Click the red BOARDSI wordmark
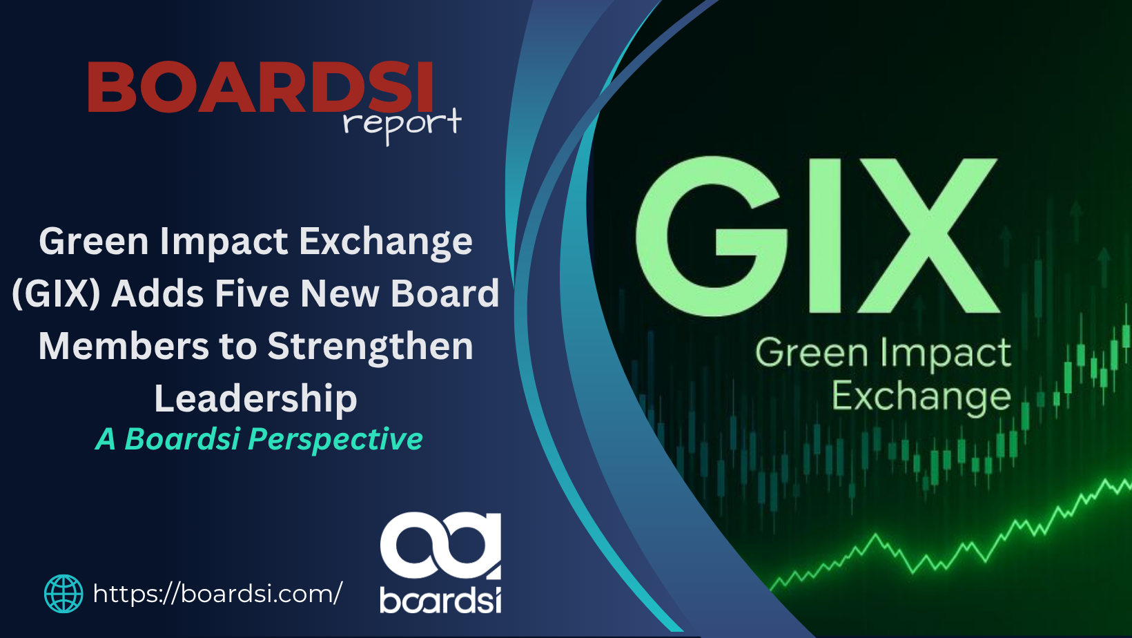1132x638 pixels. (260, 86)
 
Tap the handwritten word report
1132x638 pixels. (402, 124)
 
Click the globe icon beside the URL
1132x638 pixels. (64, 594)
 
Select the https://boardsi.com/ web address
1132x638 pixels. (218, 593)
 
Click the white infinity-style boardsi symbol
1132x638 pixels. (440, 545)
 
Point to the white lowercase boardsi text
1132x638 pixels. (440, 599)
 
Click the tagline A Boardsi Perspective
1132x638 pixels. (260, 438)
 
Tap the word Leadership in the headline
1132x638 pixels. (255, 398)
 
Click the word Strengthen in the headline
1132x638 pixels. (371, 347)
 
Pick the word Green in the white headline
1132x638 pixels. (94, 241)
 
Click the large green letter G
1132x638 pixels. (711, 236)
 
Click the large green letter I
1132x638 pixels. (826, 236)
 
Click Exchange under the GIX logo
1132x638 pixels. (921, 397)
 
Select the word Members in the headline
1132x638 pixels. (124, 347)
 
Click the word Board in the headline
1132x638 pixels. (445, 293)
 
